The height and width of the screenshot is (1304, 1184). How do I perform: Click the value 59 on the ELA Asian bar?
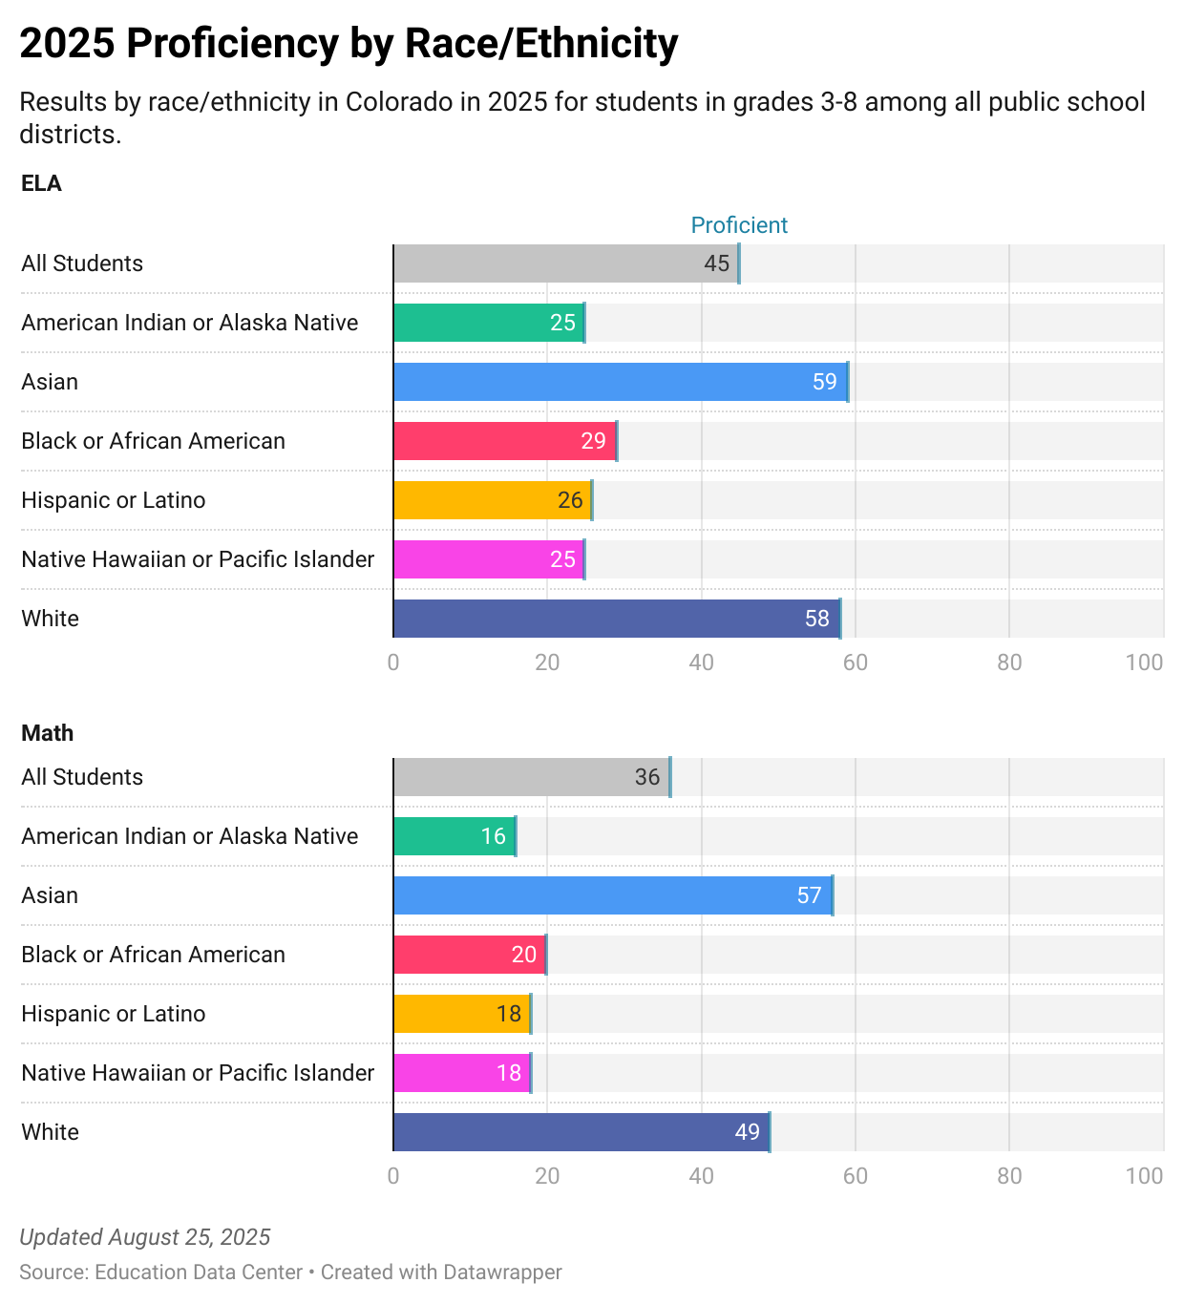click(824, 382)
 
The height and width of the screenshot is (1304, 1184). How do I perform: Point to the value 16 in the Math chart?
click(493, 836)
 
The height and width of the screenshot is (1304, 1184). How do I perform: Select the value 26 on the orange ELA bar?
click(570, 500)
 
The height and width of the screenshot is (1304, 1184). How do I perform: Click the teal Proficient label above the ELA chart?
click(739, 225)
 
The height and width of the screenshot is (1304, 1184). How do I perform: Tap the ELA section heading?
click(41, 183)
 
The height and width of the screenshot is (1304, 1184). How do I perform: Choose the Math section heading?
click(47, 733)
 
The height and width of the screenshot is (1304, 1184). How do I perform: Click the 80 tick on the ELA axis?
click(1009, 663)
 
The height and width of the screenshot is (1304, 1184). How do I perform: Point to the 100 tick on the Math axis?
click(1144, 1176)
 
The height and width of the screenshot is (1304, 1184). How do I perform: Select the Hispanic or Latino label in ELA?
click(114, 500)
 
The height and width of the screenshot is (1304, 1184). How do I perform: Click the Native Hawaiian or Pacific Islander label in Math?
click(198, 1073)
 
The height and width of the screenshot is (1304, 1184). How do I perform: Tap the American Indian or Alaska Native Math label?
click(190, 836)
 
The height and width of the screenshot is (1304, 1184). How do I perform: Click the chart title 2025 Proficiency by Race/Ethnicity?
click(349, 44)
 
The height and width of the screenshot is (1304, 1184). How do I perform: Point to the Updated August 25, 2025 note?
click(145, 1237)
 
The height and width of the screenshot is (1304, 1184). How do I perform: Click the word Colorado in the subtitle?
click(399, 102)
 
